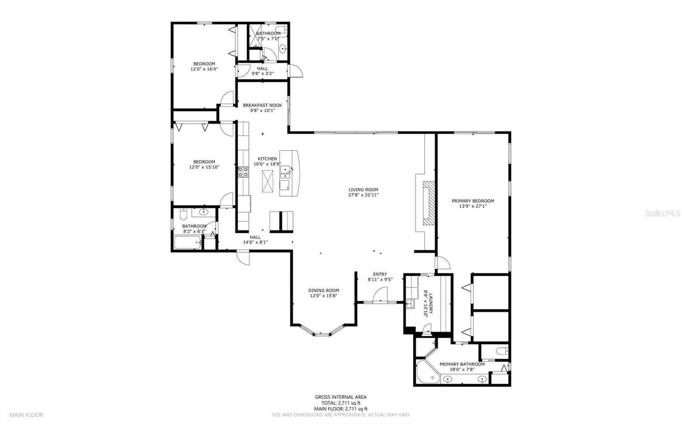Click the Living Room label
coord(363,190)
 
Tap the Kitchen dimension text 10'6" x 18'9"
coord(267,164)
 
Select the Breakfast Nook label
coord(262,105)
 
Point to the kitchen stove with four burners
coord(243,172)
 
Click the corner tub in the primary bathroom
coord(427,373)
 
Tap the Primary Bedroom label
coord(473,201)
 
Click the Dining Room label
coord(324,290)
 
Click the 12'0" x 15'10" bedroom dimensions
coord(204,167)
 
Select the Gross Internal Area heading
coord(341,397)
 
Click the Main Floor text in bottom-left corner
coord(26,414)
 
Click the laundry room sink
coord(410,304)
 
